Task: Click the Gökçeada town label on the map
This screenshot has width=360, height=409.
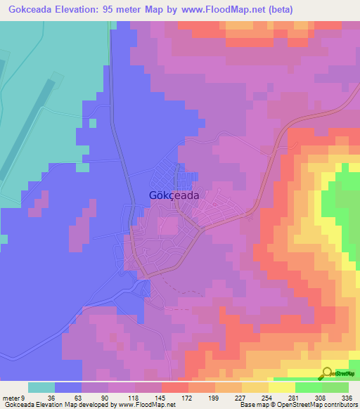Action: tap(174, 197)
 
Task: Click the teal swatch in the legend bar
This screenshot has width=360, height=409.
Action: tap(41, 387)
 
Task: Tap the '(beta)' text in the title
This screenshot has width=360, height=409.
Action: tap(278, 10)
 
